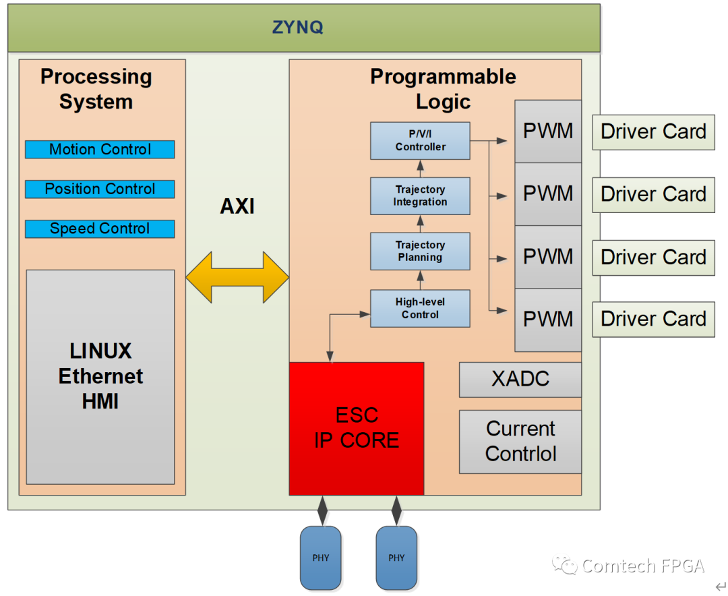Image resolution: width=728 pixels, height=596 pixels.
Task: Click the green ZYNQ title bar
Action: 303,28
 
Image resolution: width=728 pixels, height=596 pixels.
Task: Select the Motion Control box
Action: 100,149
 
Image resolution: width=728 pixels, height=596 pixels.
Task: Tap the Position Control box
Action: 100,189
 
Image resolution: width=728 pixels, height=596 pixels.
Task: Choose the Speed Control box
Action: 100,229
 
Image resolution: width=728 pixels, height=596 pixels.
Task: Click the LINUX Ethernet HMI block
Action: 100,376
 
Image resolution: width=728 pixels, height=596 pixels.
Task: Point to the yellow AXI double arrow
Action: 237,277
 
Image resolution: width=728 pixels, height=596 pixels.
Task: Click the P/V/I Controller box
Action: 420,140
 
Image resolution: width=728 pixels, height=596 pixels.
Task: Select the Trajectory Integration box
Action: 420,196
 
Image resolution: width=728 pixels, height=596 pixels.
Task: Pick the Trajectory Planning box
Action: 420,251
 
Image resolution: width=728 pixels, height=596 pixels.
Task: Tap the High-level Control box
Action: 420,308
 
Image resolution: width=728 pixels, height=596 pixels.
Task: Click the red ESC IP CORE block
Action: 357,428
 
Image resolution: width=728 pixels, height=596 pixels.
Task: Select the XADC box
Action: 520,379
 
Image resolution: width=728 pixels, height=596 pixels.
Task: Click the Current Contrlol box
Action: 520,442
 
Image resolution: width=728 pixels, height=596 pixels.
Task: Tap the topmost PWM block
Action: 548,131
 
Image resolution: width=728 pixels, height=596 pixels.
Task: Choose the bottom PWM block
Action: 548,319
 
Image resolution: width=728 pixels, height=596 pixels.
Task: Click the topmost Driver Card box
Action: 653,131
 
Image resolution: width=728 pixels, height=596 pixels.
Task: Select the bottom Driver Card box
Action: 653,319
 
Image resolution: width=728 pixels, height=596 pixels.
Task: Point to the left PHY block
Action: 321,558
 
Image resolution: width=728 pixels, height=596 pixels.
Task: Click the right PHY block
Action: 396,558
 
